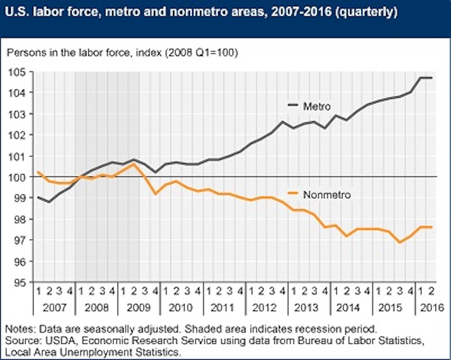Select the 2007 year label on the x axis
coord(54,309)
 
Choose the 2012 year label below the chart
coord(264,309)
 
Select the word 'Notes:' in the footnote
coord(21,328)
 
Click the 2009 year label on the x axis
coord(138,309)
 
